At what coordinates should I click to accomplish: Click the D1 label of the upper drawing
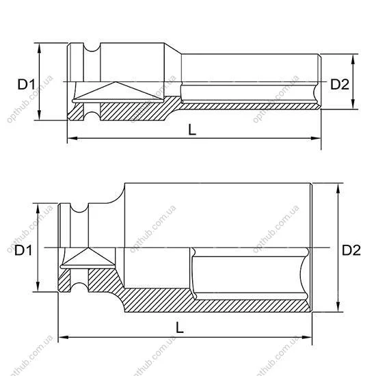27,84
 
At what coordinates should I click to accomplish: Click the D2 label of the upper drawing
340,84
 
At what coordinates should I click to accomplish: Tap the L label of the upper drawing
192,130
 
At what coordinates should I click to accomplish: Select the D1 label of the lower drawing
23,250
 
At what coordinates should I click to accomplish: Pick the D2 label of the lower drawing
351,250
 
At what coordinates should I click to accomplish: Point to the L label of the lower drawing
180,327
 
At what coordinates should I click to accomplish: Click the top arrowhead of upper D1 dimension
40,49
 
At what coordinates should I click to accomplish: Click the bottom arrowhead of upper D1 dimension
40,115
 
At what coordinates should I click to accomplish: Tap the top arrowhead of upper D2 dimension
353,59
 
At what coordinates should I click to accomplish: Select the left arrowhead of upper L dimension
72,138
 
